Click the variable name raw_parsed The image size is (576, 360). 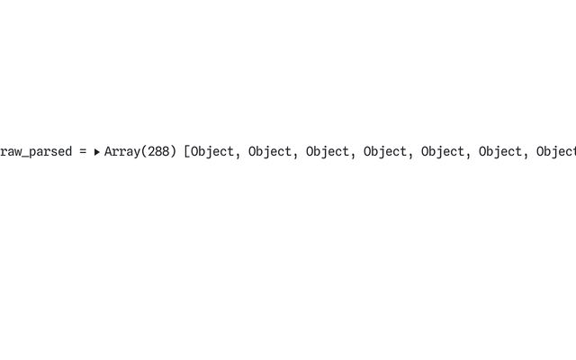[x=35, y=152]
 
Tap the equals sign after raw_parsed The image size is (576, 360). [x=83, y=152]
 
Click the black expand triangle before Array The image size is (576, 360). [x=96, y=153]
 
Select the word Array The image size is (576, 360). [x=122, y=152]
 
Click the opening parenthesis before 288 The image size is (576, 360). [x=144, y=152]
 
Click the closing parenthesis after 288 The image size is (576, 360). [x=173, y=152]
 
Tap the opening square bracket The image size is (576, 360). [x=187, y=152]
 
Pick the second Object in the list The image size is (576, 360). [x=270, y=152]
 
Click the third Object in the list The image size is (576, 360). [x=328, y=152]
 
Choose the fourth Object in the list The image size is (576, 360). [x=385, y=152]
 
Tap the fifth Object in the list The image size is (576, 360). [x=443, y=152]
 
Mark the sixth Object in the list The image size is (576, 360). [x=500, y=152]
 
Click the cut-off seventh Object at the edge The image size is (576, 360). [x=556, y=152]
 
